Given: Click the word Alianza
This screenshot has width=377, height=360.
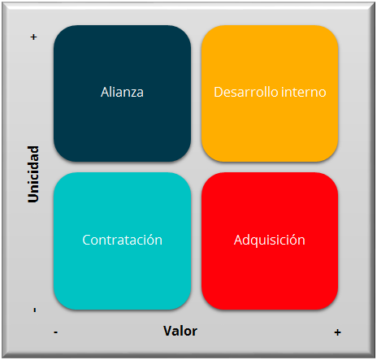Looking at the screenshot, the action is tap(122, 92).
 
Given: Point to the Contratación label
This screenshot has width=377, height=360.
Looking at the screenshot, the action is tap(123, 240).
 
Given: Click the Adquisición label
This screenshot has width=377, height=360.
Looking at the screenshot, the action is tap(270, 241).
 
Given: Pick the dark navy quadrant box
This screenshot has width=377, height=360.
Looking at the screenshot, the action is tap(122, 93).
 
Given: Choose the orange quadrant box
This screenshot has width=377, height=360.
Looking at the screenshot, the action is tap(270, 93).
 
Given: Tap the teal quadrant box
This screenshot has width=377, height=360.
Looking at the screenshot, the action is tap(122, 241).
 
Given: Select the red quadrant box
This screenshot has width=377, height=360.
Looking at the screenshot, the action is tap(270, 241).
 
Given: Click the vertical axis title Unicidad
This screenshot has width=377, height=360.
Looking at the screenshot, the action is tap(33, 174).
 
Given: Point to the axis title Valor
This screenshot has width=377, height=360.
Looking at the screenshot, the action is tap(180, 331).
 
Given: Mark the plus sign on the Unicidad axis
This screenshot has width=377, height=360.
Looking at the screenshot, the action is tap(33, 37).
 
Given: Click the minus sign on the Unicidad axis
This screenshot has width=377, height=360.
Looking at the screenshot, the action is tap(35, 310).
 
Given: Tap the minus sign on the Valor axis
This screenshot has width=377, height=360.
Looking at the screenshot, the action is tap(56, 332).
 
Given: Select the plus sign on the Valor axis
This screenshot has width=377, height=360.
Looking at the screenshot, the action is tap(337, 332).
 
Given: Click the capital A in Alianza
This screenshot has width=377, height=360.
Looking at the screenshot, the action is tap(105, 92).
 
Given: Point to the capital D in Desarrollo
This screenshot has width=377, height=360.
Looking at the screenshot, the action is tap(219, 92).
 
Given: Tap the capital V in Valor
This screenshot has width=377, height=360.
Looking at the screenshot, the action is tap(168, 331).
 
